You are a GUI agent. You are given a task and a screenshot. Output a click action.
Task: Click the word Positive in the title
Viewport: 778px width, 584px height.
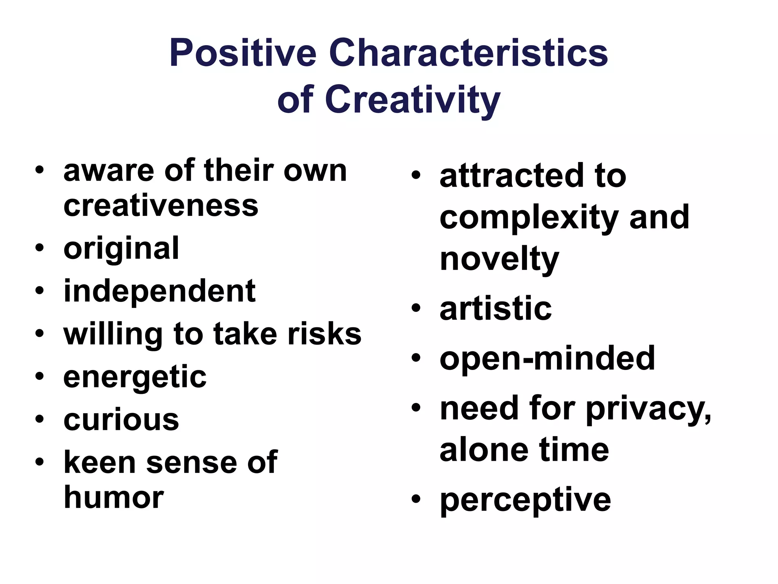tap(243, 54)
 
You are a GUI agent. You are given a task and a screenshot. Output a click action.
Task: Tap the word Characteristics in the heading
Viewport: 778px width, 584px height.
tap(468, 54)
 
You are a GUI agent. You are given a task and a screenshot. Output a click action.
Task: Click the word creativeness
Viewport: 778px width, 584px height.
tap(161, 206)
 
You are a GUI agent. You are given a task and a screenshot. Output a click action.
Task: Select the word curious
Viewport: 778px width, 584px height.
tap(121, 420)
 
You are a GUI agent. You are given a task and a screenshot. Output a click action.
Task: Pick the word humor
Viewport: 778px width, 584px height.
tap(114, 498)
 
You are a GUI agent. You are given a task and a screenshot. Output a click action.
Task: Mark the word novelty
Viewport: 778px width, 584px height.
tap(499, 260)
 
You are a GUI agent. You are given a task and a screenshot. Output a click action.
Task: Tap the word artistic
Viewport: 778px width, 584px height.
tap(495, 309)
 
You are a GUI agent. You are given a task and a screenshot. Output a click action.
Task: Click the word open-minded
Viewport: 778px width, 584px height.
tap(547, 358)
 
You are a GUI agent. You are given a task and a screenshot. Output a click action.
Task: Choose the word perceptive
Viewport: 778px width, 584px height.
tap(525, 500)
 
